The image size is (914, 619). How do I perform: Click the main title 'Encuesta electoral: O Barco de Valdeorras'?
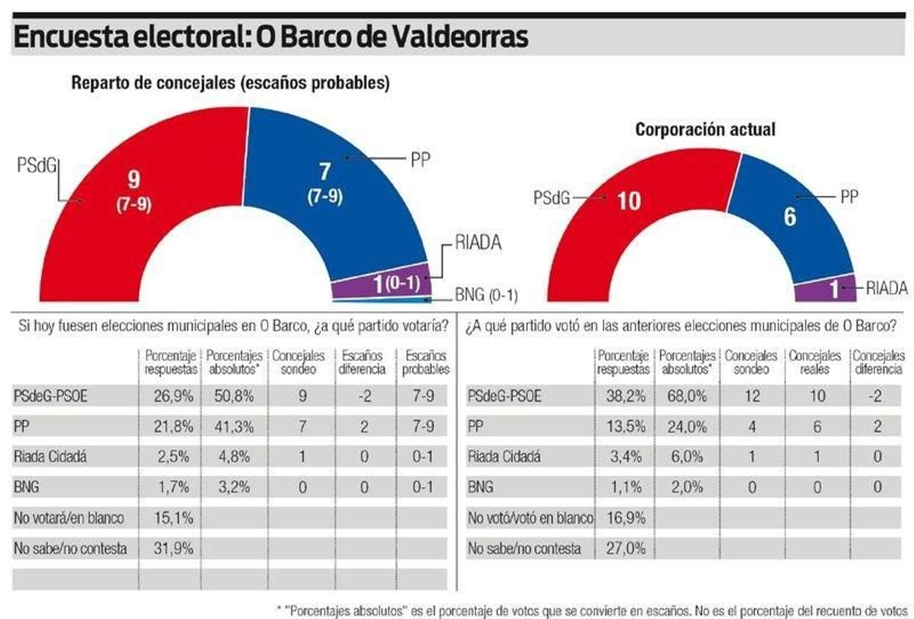pos(270,37)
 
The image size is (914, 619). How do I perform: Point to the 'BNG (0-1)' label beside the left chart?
pos(486,295)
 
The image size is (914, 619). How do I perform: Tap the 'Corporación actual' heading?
pos(705,130)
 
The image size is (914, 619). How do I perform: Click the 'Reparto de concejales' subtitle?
pos(230,83)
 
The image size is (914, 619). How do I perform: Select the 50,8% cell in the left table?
pos(234,396)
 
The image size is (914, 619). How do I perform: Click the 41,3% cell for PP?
pos(234,427)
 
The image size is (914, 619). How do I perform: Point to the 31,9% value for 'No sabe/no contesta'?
pos(173,548)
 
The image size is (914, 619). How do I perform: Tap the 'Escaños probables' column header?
pos(426,362)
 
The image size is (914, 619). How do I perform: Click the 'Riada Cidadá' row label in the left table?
pos(50,457)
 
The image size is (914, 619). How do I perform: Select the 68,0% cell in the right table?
pos(687,396)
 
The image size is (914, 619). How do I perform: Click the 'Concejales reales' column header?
pos(815,362)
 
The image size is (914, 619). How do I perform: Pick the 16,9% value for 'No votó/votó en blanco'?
pos(625,518)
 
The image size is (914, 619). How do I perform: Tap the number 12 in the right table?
pos(752,396)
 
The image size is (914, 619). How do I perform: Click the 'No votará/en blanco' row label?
pos(69,518)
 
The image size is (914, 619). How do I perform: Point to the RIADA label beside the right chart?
pos(887,288)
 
